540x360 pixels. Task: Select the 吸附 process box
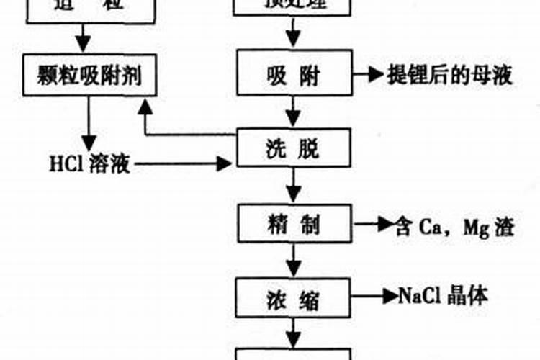tap(292, 75)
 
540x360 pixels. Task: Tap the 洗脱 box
tap(292, 149)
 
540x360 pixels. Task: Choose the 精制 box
tap(292, 225)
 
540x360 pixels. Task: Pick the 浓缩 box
tap(292, 296)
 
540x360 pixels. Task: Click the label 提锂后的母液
tap(450, 75)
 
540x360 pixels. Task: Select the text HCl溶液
tap(89, 164)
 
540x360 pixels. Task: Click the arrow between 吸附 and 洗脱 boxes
tap(292, 112)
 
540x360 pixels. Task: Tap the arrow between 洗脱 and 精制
tap(292, 186)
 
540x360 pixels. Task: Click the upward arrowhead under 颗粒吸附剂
tap(146, 108)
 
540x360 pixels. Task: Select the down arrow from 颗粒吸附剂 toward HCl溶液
tap(89, 122)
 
